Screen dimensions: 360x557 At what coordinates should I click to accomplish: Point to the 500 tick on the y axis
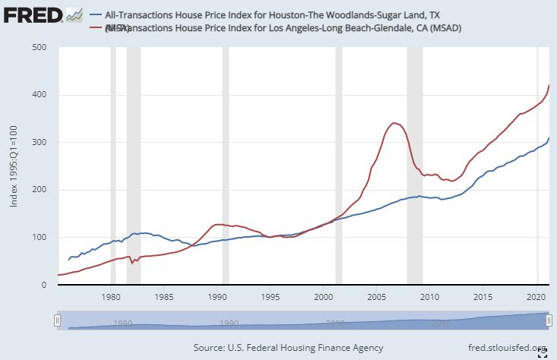[x=40, y=48]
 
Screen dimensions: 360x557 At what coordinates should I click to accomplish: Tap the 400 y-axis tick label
[x=40, y=95]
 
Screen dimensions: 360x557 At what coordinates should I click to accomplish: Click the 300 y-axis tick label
[x=40, y=143]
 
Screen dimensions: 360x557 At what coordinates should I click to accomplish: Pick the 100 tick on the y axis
[x=40, y=238]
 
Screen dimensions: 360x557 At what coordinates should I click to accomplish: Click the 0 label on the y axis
[x=45, y=286]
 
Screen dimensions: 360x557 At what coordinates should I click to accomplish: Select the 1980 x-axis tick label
[x=112, y=297]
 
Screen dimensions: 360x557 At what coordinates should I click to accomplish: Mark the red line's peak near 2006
[x=393, y=122]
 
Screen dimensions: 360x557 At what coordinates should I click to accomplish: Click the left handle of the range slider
[x=57, y=321]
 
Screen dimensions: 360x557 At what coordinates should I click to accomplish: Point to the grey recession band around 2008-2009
[x=414, y=166]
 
